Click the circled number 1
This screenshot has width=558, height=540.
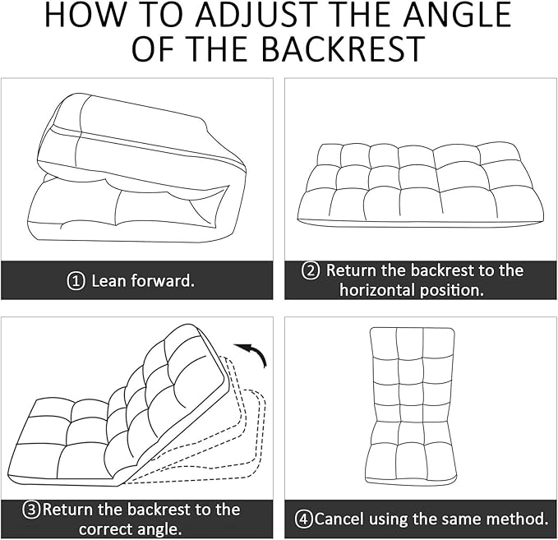coord(76,281)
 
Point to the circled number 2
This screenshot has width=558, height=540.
coord(311,270)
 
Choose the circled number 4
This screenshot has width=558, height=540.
coord(303,519)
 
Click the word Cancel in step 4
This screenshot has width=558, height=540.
coord(342,519)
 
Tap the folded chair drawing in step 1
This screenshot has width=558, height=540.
coord(136,168)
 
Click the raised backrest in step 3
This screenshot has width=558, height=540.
coord(173,390)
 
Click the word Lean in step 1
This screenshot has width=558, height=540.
coord(108,281)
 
